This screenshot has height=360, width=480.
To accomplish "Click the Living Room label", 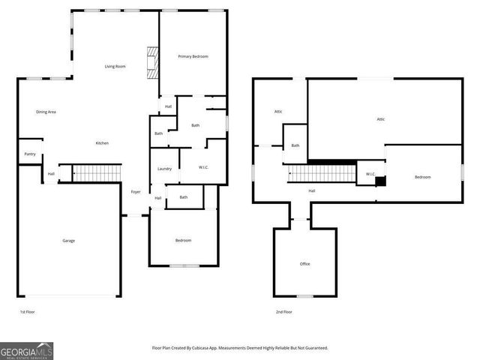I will point(114,67).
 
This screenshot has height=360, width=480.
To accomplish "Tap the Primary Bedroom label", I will point(193,57).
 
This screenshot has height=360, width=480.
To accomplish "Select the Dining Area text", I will point(46,112).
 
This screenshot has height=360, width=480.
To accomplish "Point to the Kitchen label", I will point(102,143).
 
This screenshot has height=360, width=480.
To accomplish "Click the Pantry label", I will point(30,154).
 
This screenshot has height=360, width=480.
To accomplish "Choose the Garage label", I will point(68,241).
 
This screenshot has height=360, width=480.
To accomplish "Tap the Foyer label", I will point(136,192).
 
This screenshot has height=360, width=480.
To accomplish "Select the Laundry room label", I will point(165,169).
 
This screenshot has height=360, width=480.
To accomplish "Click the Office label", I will point(304,264).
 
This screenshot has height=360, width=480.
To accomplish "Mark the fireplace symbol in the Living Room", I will point(153,62).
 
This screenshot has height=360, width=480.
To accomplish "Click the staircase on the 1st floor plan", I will point(96,173).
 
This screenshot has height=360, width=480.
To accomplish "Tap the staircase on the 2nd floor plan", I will point(322,174).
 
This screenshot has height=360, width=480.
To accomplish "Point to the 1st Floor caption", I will point(27,312).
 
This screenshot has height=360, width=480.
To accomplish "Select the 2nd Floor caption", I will point(283,312).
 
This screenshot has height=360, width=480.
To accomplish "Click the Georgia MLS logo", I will point(26,350).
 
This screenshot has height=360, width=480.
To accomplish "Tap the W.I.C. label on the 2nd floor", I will point(370,174).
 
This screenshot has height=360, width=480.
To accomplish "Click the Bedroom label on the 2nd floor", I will point(423,177).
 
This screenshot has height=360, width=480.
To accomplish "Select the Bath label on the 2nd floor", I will point(295,145).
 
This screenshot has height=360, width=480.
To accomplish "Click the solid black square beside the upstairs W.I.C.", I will point(380,181).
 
